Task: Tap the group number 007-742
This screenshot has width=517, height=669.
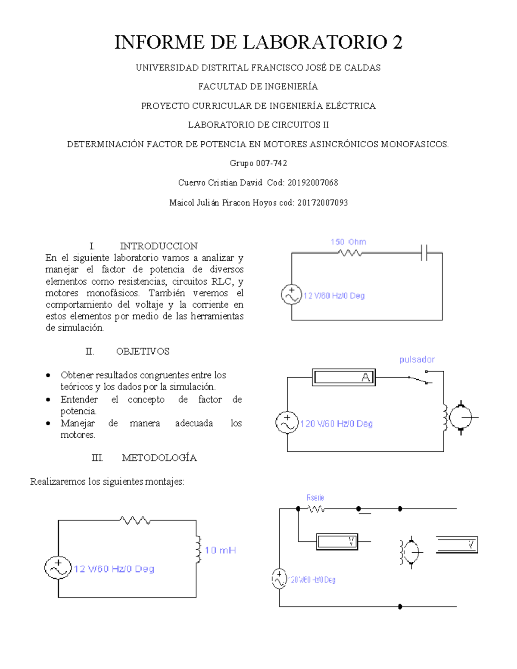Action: [x=271, y=163]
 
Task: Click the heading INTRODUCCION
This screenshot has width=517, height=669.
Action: [x=159, y=246]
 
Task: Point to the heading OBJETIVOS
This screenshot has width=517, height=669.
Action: [x=143, y=352]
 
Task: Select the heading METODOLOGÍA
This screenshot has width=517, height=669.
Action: [x=159, y=458]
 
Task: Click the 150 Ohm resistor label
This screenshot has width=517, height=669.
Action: [x=348, y=242]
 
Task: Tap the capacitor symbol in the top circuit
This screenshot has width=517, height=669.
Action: [x=424, y=253]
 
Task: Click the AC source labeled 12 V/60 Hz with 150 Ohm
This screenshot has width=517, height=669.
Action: [x=291, y=295]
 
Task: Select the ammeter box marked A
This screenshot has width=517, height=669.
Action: [x=344, y=377]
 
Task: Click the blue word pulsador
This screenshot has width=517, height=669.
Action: [x=417, y=360]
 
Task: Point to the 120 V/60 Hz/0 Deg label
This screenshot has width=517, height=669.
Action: [x=336, y=424]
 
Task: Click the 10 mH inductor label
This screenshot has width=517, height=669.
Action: [x=220, y=551]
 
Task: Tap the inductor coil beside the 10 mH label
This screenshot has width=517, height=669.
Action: [x=198, y=549]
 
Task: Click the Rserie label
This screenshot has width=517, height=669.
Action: [x=315, y=498]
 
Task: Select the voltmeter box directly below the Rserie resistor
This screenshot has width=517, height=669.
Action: [x=337, y=541]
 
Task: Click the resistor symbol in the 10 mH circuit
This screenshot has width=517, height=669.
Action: [x=135, y=520]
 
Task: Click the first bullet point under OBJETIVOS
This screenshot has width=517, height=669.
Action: [x=48, y=376]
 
